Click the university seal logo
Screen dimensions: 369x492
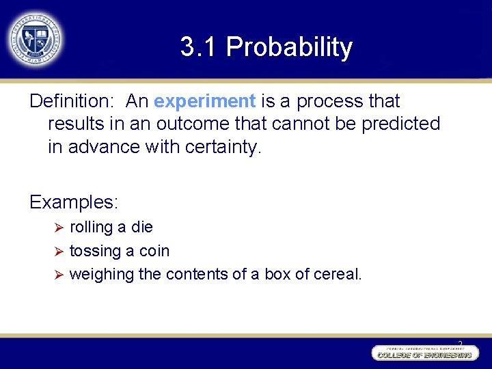pos(36,39)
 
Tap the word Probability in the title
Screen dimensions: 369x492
pos(289,47)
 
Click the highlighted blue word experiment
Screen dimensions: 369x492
pos(204,101)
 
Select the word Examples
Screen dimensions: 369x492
pos(74,202)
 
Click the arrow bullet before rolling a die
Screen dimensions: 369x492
pos(59,227)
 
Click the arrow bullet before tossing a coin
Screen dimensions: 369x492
pos(59,251)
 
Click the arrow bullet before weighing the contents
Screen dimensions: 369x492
pos(59,275)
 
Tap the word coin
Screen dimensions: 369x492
pos(154,251)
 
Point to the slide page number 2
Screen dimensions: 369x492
pos(460,343)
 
